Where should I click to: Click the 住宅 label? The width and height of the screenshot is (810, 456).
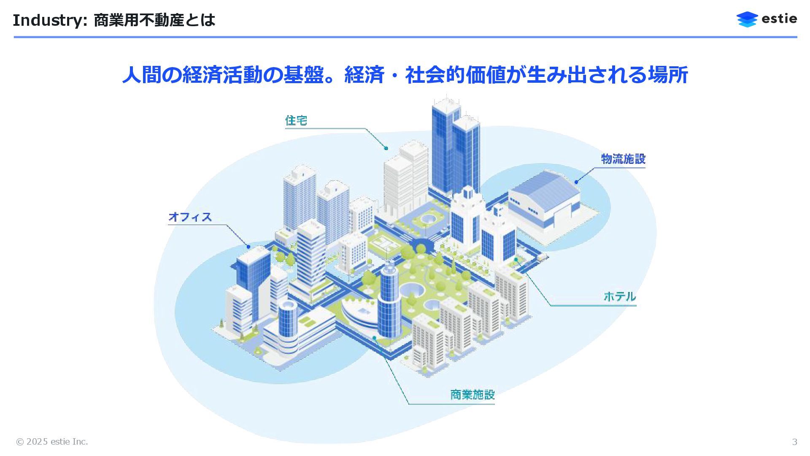coord(296,121)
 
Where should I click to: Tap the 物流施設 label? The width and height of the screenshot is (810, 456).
coord(623,159)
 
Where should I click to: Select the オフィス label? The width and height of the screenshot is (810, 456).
coord(190,217)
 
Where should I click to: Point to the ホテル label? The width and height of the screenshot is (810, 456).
coord(619,296)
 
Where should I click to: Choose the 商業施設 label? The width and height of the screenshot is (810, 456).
coord(472,395)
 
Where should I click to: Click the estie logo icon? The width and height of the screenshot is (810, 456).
coord(747,19)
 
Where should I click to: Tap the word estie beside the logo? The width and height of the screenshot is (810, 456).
coord(779,19)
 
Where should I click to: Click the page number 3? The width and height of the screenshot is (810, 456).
coord(794,442)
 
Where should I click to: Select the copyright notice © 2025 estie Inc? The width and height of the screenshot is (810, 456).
coord(52,442)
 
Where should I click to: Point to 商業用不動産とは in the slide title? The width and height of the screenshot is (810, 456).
coord(154,20)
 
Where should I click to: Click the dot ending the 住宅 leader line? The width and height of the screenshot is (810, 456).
coord(386,148)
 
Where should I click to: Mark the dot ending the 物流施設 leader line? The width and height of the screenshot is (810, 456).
coord(576,182)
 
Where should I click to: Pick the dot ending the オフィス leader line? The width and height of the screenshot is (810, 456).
coord(248,247)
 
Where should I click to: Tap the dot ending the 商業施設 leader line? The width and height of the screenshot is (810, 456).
coord(374,338)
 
